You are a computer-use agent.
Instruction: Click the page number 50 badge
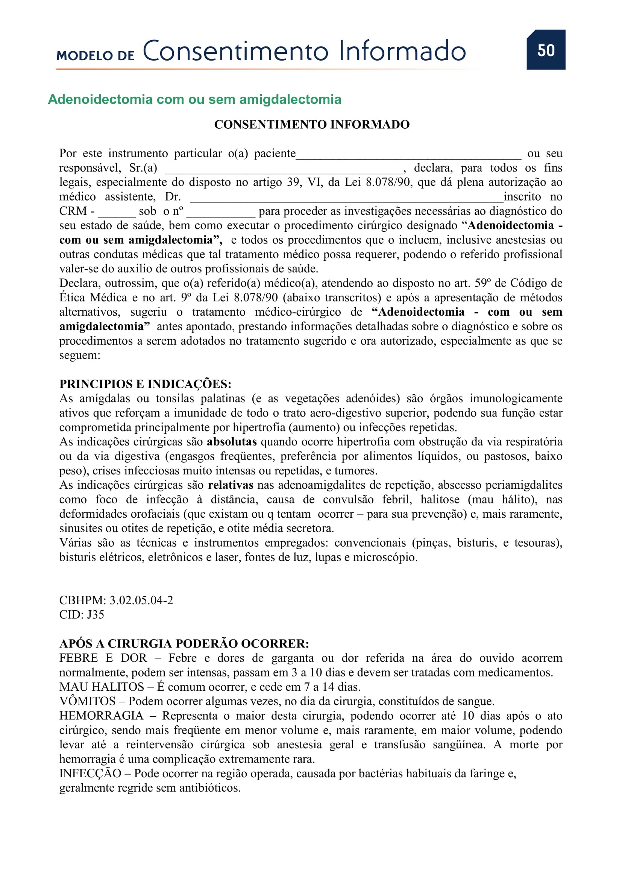click(545, 50)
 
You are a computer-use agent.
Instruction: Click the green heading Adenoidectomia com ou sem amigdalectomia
click(194, 99)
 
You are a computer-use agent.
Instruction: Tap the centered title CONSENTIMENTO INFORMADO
click(311, 125)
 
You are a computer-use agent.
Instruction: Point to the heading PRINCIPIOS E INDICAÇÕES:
click(145, 384)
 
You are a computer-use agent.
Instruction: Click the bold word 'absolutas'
click(231, 442)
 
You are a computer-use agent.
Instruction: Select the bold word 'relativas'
click(230, 485)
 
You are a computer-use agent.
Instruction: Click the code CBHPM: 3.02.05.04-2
click(116, 600)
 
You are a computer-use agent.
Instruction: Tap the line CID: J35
click(82, 615)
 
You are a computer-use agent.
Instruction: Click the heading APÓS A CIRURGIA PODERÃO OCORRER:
click(184, 643)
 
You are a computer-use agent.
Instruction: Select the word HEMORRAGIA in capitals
click(101, 716)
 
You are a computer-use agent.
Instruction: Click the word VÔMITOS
click(87, 701)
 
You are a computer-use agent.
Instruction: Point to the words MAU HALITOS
click(102, 687)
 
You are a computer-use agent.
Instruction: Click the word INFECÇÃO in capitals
click(90, 774)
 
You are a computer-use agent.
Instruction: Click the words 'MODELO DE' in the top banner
click(96, 56)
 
